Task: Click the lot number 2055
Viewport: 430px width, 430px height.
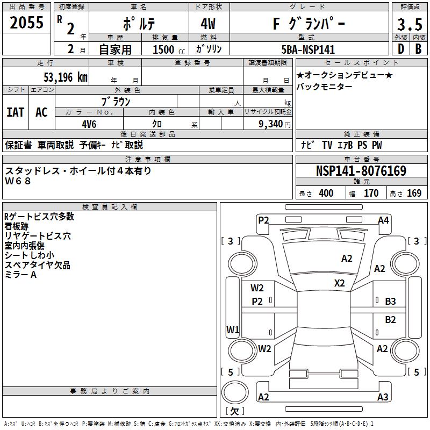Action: (x=27, y=23)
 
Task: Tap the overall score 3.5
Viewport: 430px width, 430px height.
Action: (x=409, y=24)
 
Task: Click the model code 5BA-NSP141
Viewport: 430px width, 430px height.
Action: (x=308, y=49)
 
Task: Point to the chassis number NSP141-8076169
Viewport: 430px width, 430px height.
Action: (x=361, y=171)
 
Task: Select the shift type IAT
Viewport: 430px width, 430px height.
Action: (x=16, y=112)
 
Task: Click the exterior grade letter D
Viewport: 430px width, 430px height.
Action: (x=400, y=49)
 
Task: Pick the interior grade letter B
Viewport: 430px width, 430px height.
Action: (x=418, y=49)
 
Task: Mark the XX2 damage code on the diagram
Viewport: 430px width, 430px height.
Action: (x=340, y=283)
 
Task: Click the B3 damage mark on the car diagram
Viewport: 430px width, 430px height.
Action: (x=390, y=302)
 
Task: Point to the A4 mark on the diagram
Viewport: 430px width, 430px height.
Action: (x=383, y=220)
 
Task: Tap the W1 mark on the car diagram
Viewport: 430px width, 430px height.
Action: (x=232, y=329)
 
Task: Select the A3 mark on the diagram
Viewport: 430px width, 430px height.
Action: (x=383, y=397)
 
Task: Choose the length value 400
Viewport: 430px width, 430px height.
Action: (x=326, y=193)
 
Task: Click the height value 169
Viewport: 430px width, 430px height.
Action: (x=414, y=193)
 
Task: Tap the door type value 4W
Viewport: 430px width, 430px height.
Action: (x=209, y=24)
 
